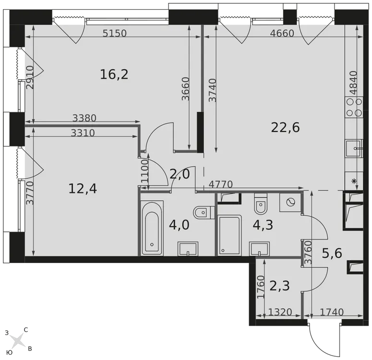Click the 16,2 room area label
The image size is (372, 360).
tap(114, 74)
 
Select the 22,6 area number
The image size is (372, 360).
tap(286, 127)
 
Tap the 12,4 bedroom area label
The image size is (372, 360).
tap(83, 189)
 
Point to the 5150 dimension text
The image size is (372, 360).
tap(115, 33)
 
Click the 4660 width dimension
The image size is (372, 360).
tap(282, 33)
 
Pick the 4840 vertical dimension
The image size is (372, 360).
tap(353, 83)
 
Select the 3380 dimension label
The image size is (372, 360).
tap(84, 118)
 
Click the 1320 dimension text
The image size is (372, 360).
tap(280, 312)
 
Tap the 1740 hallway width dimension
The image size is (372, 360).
tap(332, 312)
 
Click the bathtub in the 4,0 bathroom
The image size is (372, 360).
tap(152, 228)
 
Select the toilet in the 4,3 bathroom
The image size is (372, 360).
tap(261, 204)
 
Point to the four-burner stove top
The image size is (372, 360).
tap(354, 107)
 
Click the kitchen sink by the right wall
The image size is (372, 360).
tap(354, 148)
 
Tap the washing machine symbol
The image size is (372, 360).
tap(290, 203)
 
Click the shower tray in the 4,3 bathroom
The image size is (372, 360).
tap(229, 235)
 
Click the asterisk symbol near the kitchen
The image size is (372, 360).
tap(354, 181)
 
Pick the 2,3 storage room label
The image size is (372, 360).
tap(279, 286)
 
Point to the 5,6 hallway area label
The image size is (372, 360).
tap(332, 253)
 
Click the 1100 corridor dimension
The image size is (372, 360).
tap(144, 171)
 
